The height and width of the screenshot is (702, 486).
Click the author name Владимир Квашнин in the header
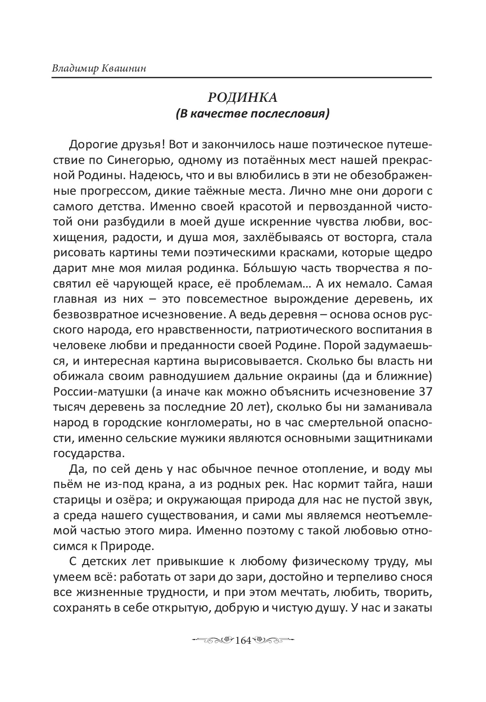[x=99, y=68]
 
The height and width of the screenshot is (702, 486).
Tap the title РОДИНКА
[x=243, y=98]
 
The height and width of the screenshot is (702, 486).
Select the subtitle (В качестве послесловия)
[x=252, y=114]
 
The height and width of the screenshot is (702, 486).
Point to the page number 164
[x=243, y=640]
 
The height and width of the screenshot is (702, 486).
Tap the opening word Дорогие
[x=92, y=144]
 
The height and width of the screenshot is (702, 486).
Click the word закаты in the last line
[x=411, y=608]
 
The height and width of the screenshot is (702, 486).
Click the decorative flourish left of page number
[x=213, y=640]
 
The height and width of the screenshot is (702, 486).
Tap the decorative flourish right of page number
[x=274, y=640]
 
